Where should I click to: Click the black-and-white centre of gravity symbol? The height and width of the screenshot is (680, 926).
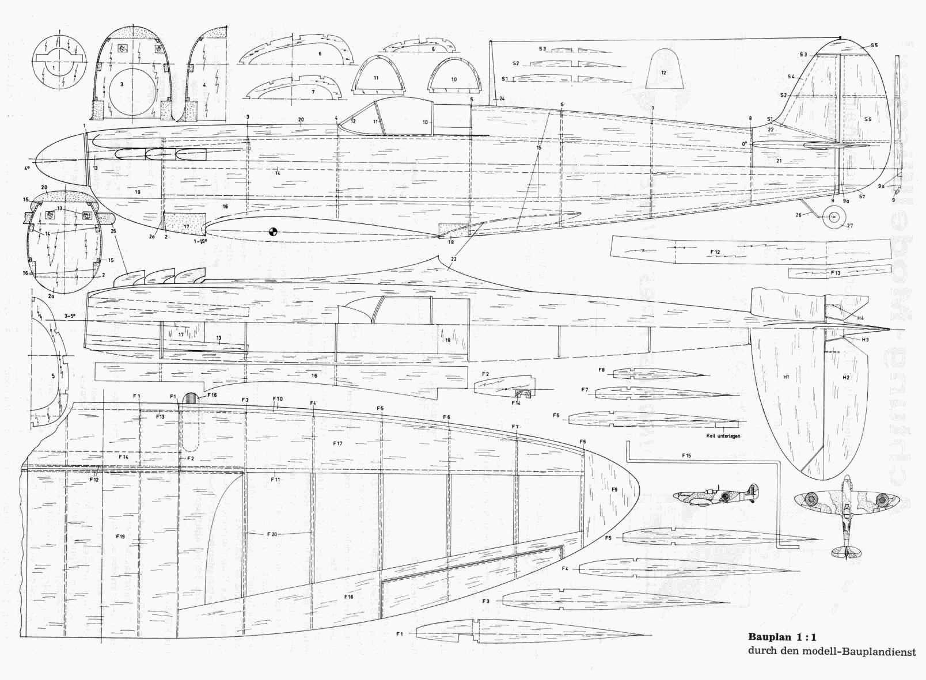(x=273, y=232)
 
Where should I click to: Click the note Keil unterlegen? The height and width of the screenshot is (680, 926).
(x=723, y=436)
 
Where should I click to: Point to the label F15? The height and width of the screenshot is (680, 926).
(x=686, y=455)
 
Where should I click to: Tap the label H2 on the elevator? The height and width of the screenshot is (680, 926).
(x=845, y=378)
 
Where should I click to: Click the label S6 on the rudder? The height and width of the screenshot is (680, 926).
(x=868, y=119)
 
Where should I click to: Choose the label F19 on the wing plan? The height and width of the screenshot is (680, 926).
(x=120, y=536)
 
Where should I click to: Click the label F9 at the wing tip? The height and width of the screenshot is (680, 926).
(x=614, y=489)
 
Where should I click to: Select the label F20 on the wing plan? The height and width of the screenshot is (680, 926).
(x=272, y=534)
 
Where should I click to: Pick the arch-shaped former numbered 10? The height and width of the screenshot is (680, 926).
(x=454, y=77)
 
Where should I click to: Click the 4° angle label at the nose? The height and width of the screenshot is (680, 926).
(x=26, y=169)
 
